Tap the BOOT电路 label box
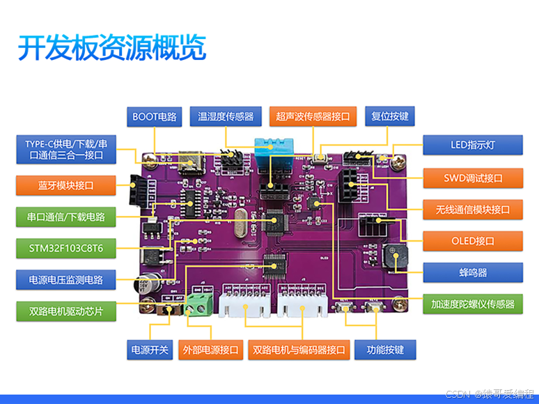coord(155,116)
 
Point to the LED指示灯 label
coord(473,146)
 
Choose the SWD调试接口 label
coord(473,178)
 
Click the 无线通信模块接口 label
coord(473,209)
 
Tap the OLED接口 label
coord(473,241)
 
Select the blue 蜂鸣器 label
coord(473,272)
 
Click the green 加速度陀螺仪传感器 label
coord(473,304)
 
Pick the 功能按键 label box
coord(385,349)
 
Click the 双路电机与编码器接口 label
coord(299,349)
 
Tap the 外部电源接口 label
coord(210,349)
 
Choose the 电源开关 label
coord(150,349)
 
